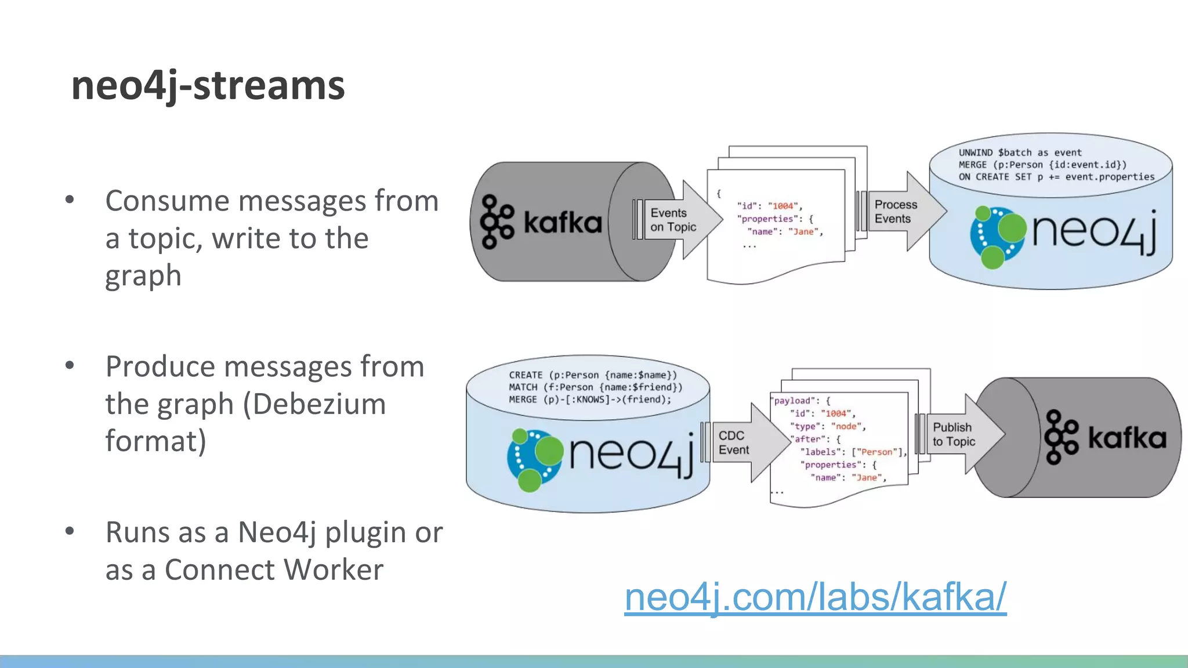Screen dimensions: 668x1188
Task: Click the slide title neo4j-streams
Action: [208, 86]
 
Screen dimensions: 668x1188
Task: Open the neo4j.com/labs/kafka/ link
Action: [815, 597]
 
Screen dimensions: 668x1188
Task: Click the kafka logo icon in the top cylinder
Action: [497, 222]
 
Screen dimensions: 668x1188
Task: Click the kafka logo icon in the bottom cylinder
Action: [1061, 437]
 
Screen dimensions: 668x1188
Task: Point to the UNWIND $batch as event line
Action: [1020, 153]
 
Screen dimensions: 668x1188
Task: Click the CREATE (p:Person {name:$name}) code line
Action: [593, 375]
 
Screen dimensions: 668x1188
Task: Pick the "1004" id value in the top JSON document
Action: [783, 206]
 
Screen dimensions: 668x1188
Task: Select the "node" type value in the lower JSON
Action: [846, 426]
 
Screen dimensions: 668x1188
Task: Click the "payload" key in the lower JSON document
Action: [792, 401]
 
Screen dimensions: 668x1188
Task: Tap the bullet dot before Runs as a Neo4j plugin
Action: [70, 531]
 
